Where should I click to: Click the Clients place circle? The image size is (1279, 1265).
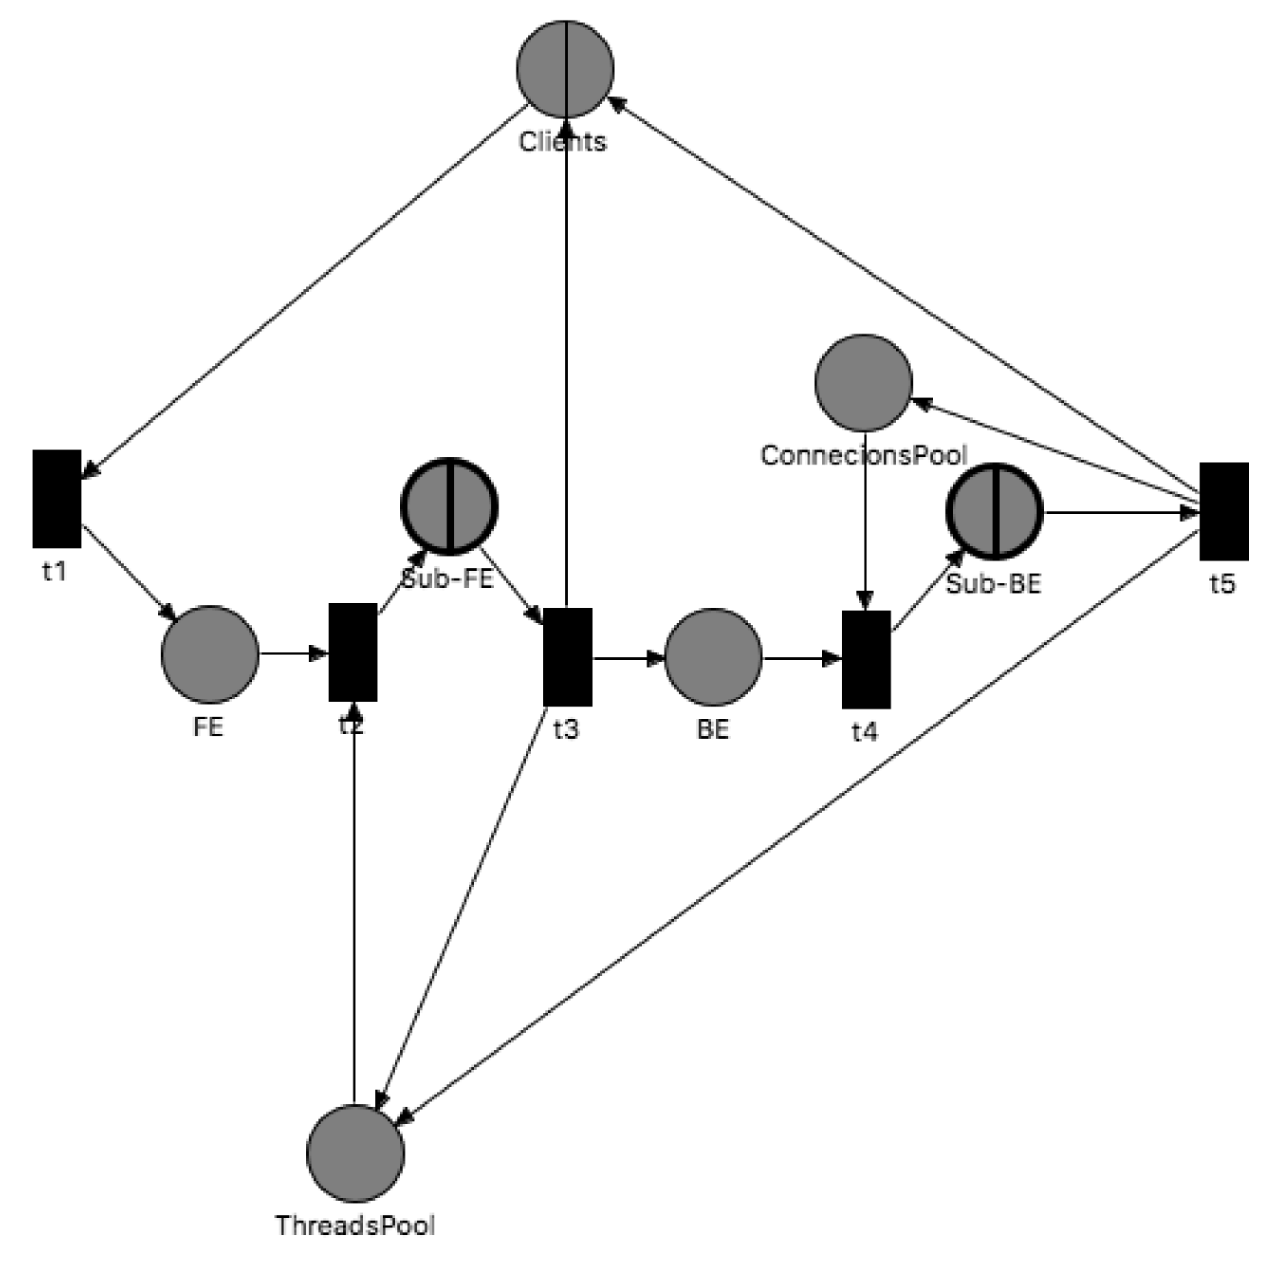565,69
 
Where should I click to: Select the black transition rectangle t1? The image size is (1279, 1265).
57,498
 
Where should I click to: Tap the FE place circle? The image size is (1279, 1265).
210,654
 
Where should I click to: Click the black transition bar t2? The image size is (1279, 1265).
353,651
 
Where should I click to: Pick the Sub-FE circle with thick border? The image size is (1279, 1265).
449,506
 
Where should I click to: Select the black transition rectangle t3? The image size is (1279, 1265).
568,657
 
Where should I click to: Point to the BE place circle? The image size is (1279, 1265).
713,657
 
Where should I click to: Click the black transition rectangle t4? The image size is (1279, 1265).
866,659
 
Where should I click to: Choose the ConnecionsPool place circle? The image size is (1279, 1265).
863,383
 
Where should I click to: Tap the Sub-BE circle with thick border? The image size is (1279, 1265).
994,511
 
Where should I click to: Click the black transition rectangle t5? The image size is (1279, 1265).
1223,511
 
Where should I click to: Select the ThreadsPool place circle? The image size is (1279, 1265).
355,1152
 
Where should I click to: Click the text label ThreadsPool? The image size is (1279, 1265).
355,1225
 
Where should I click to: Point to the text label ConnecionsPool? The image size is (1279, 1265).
864,454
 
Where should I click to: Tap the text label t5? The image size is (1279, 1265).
1222,583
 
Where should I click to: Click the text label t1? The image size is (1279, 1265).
55,571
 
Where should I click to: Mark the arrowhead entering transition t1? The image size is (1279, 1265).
90,469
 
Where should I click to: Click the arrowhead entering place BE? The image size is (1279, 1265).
656,657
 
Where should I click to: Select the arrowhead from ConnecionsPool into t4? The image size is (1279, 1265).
865,600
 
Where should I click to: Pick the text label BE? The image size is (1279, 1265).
713,729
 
